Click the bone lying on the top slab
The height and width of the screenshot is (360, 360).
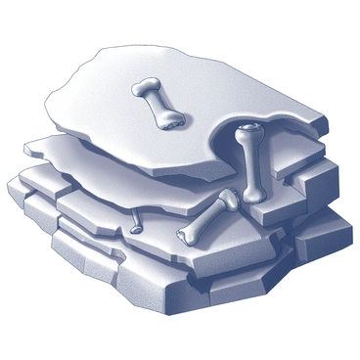(157, 104)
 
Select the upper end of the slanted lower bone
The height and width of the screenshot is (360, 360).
(228, 201)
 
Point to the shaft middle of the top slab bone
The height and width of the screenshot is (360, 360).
(157, 104)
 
